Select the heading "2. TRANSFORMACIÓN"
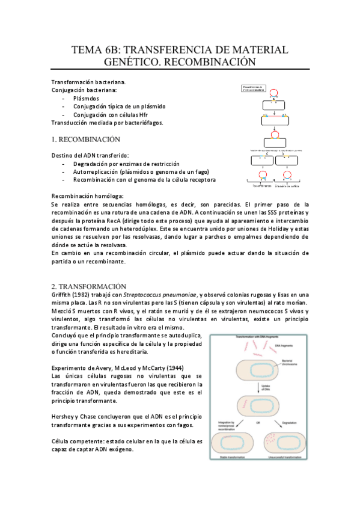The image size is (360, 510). click(x=88, y=286)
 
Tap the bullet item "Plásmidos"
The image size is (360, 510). click(x=87, y=98)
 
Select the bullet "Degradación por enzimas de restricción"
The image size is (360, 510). click(x=126, y=164)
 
